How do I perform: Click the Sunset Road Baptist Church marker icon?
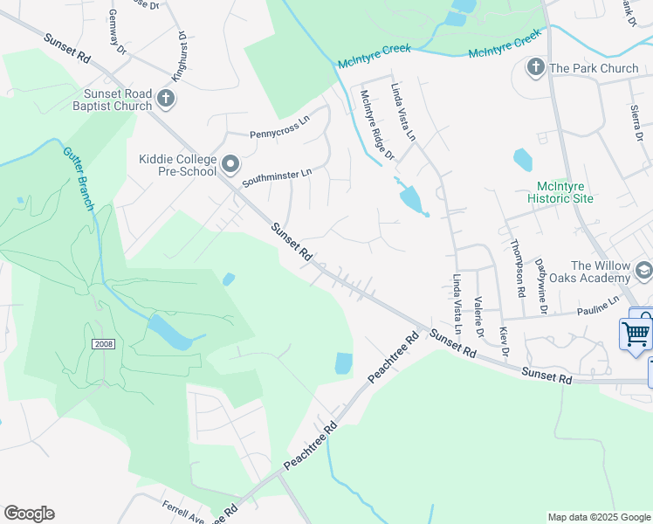[x=166, y=100]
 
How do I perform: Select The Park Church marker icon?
[x=536, y=67]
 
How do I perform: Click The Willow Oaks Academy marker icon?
[x=643, y=271]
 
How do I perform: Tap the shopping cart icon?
[x=636, y=333]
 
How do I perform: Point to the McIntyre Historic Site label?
[x=565, y=192]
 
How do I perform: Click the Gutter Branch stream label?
[x=78, y=170]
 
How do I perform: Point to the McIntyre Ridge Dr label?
[x=377, y=126]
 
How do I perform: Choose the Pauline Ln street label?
[x=596, y=305]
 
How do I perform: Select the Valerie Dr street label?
[x=478, y=321]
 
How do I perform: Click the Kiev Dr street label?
[x=504, y=342]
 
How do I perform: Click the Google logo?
[x=29, y=514]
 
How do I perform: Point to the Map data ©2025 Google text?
[x=598, y=517]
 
